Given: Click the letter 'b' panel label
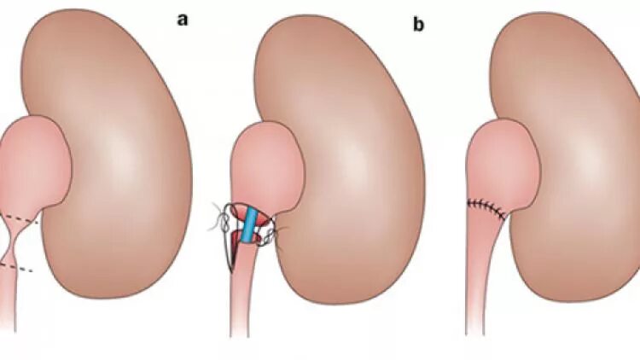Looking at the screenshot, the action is coord(418,26).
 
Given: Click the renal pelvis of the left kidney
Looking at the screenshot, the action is coord(32,162).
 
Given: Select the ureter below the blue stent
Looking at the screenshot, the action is coord(242,299).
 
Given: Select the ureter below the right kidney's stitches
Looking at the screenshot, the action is coord(477,282).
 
